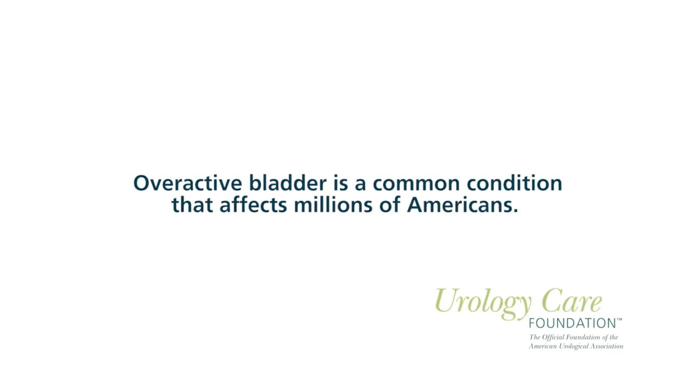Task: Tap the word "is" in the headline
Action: tap(341, 183)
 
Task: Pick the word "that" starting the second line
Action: tap(192, 205)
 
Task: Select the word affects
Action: tap(253, 205)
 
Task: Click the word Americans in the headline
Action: tap(459, 205)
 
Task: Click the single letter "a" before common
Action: tap(361, 185)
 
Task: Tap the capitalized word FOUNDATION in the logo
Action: tap(572, 323)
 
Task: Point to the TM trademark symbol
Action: tap(620, 320)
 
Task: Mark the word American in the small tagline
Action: tap(543, 346)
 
